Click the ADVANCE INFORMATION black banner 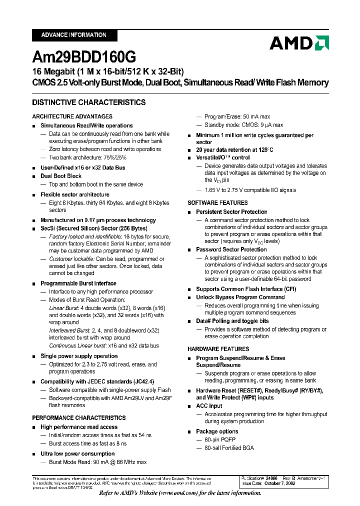point(74,35)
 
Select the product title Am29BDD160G point(83,57)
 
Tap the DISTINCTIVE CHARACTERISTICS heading point(89,102)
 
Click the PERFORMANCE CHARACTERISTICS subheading point(79,417)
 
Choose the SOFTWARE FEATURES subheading point(217,202)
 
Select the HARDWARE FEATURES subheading point(218,349)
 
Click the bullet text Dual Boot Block point(61,176)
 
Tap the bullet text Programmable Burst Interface point(78,283)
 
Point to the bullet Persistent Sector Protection point(231,212)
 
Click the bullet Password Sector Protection point(231,249)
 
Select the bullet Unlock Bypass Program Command point(240,297)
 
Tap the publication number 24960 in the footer point(271,479)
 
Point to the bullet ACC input point(209,406)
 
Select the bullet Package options point(217,431)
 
